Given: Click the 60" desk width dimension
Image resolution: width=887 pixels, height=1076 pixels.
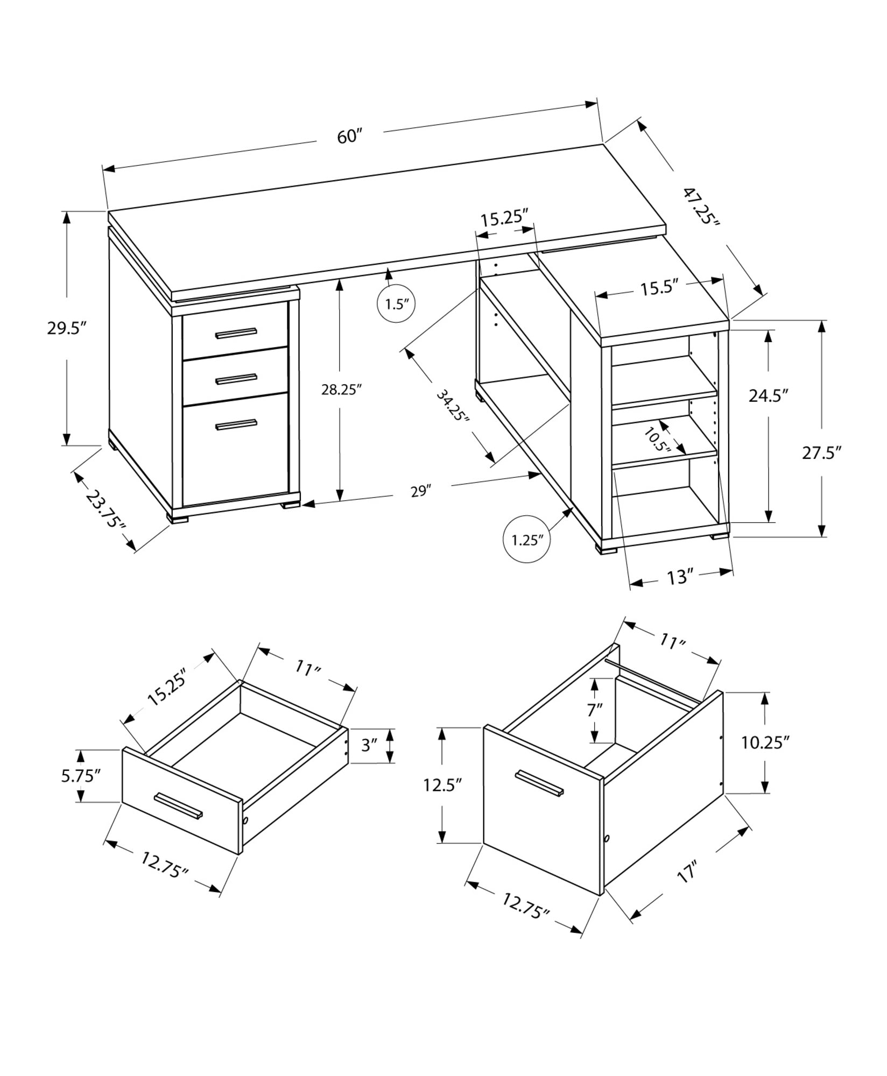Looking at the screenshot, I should tap(348, 137).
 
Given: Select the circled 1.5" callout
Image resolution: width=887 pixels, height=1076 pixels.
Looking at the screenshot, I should tap(397, 304).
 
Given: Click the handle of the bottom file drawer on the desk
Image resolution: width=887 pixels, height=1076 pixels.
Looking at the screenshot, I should tap(236, 425).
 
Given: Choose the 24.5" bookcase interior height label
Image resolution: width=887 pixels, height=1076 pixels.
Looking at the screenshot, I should tap(769, 396).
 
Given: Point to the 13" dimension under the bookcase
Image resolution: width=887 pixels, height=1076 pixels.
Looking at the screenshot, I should tap(679, 578).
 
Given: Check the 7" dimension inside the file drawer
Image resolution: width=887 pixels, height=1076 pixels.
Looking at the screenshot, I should tap(595, 710).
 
